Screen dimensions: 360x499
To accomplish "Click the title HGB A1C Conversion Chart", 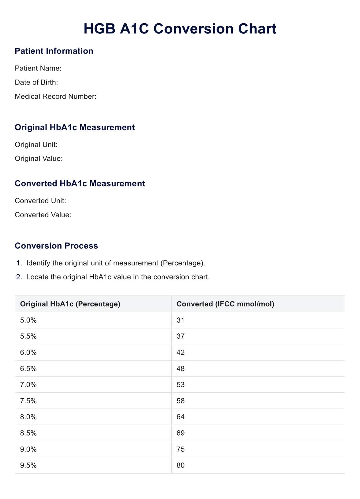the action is (180, 29).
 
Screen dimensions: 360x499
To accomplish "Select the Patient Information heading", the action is (54, 51).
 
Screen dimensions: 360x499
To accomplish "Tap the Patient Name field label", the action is (38, 68).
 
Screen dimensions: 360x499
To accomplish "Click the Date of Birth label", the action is (36, 82).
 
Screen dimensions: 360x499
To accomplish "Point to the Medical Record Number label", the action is (55, 96).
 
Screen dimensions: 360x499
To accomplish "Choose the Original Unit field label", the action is (36, 144).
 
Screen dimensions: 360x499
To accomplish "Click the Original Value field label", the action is (39, 159).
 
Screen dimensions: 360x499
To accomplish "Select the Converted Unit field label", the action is (40, 201).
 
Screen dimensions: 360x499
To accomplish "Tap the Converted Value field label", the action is (43, 215).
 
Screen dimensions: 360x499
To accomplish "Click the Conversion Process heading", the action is (56, 246).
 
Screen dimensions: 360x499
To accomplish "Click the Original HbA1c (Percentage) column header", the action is (70, 304).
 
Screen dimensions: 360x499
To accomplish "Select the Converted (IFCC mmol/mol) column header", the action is (225, 304).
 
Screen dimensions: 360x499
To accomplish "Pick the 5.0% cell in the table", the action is (28, 320).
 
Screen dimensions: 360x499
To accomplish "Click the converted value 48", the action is (181, 369).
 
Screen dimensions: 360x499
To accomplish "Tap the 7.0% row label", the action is (28, 385).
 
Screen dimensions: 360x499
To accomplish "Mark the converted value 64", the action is (181, 417).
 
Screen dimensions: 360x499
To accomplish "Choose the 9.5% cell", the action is (28, 465).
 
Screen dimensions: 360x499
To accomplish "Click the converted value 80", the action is (181, 465).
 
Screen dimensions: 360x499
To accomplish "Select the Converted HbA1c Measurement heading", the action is (80, 183).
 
